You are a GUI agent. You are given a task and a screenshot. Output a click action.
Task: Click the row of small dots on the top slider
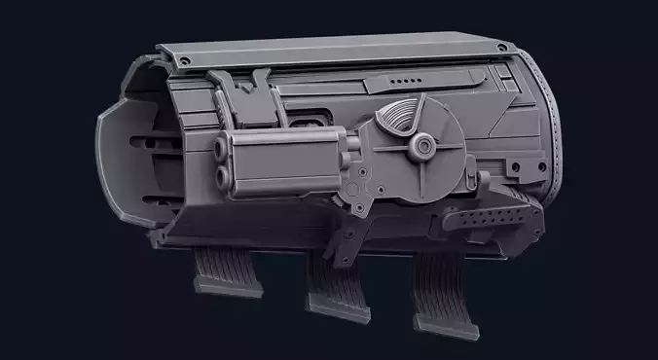click(x=403, y=83)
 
